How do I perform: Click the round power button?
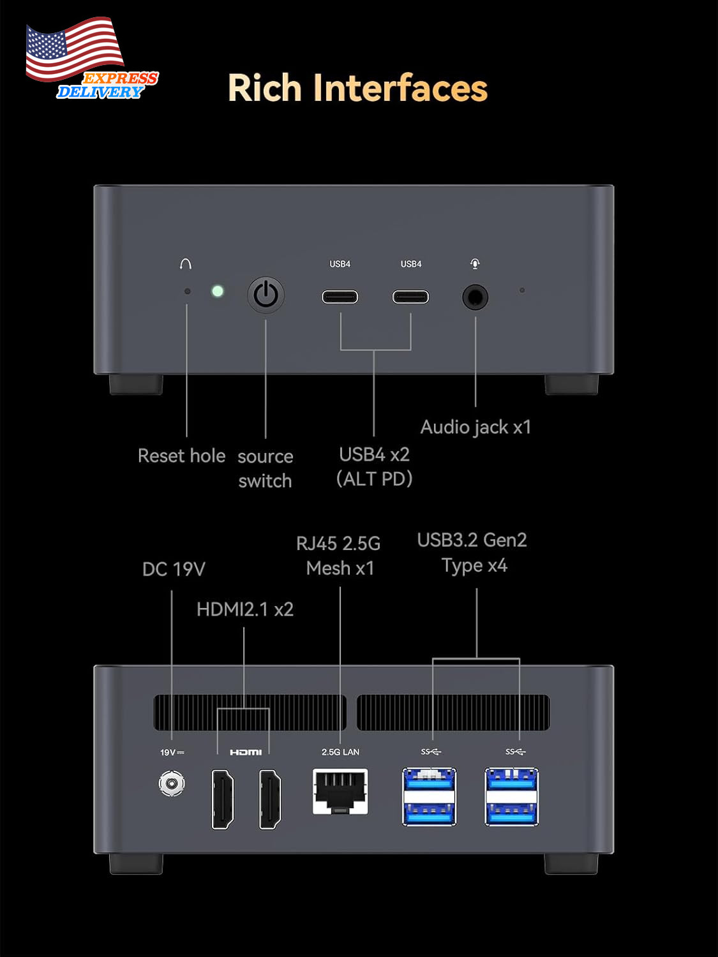[266, 295]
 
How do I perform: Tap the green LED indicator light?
[218, 291]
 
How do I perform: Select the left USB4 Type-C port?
[340, 297]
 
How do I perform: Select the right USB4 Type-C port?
[410, 297]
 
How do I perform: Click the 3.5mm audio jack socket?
[475, 298]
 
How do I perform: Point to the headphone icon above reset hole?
[186, 263]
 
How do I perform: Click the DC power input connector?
[172, 783]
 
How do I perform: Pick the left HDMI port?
[223, 799]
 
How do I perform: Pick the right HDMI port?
[270, 799]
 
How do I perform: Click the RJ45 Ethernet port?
[340, 792]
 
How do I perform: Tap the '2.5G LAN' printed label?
[340, 752]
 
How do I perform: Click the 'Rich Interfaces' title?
[358, 88]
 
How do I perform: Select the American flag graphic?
[74, 49]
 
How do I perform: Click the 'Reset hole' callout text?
[182, 456]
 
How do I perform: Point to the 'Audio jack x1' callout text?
[476, 427]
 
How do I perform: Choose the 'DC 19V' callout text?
[174, 569]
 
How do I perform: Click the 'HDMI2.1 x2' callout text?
[245, 609]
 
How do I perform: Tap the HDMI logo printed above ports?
[246, 752]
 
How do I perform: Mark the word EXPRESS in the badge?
[121, 78]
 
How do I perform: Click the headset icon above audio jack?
[475, 263]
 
